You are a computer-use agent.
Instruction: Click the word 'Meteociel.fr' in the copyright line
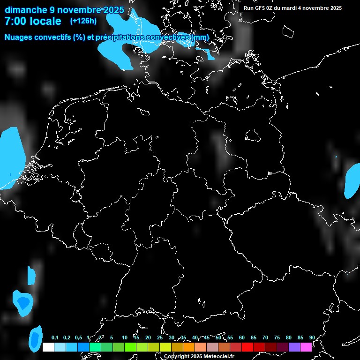click(x=217, y=357)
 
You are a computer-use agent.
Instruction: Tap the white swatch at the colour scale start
click(x=48, y=347)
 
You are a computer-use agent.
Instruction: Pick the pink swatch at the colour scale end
click(x=306, y=347)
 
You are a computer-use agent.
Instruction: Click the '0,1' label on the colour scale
click(x=55, y=338)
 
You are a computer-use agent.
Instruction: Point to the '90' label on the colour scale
click(x=312, y=338)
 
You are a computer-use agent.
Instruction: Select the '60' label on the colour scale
click(x=242, y=338)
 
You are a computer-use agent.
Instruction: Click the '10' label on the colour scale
click(x=125, y=338)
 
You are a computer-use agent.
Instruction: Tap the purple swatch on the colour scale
click(x=294, y=347)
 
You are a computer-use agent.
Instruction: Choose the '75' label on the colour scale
click(x=277, y=338)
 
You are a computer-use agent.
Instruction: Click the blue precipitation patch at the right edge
click(x=352, y=181)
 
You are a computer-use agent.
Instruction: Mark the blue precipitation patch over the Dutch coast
click(x=10, y=157)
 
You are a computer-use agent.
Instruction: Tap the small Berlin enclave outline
click(x=253, y=135)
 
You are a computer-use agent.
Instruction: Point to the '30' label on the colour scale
click(x=172, y=338)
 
